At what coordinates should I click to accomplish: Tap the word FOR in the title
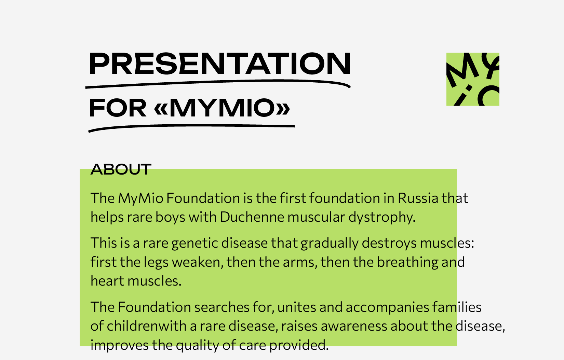pyautogui.click(x=118, y=108)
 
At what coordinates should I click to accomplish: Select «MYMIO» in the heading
pyautogui.click(x=222, y=108)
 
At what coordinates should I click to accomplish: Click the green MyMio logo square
pyautogui.click(x=473, y=79)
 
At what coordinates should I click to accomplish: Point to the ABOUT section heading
pyautogui.click(x=121, y=169)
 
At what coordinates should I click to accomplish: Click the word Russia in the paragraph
pyautogui.click(x=418, y=198)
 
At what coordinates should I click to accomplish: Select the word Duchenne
pyautogui.click(x=252, y=217)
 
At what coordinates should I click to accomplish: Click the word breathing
pyautogui.click(x=408, y=263)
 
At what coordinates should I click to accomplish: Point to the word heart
pyautogui.click(x=107, y=281)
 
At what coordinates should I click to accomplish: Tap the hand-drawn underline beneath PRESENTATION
pyautogui.click(x=218, y=84)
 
